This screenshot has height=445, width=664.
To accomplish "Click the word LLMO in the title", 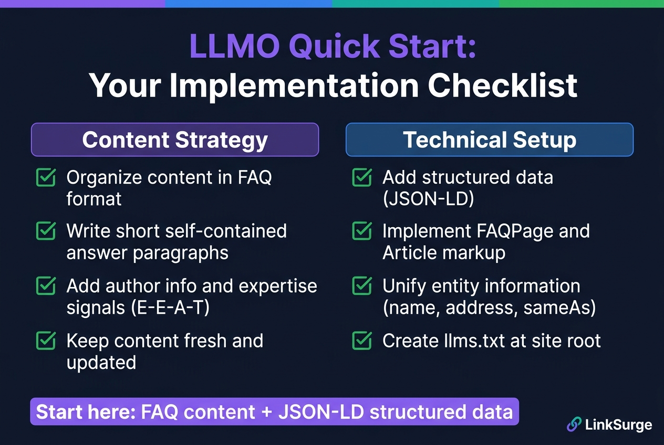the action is point(234,47).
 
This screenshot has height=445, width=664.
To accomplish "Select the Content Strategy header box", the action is point(175,140).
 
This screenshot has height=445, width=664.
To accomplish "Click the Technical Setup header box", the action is point(490,140).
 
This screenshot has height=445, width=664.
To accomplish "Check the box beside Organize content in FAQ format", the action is point(46,177).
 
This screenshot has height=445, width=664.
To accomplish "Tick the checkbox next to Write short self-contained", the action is point(46,231).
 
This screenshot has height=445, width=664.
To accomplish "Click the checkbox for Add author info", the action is point(46,285).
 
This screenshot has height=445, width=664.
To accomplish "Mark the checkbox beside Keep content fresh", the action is point(46,341).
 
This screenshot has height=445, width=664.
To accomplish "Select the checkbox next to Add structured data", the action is point(362,177).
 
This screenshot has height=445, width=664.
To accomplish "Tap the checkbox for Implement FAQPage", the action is point(362,231).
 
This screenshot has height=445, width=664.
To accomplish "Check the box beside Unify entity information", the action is point(362,285).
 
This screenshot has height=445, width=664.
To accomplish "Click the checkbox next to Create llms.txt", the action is point(362,341).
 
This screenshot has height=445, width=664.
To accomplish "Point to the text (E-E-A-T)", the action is point(170,308).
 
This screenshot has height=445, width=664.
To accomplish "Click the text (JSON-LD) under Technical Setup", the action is point(428,199).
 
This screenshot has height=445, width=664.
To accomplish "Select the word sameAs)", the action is point(559,308).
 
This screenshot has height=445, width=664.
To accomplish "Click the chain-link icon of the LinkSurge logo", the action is point(574,424).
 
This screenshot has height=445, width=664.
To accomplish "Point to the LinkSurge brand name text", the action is point(619,425).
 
